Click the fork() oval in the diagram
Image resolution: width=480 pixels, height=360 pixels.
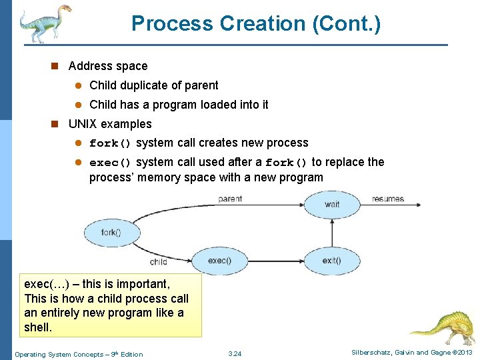[x=111, y=233]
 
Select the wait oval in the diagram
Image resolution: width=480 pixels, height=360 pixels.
[x=332, y=204]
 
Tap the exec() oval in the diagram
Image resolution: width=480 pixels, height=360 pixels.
[x=219, y=260]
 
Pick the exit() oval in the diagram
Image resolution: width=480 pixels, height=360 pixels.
[x=332, y=260]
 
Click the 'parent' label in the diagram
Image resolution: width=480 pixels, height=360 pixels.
[x=230, y=199]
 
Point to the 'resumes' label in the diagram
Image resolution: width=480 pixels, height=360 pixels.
[x=388, y=199]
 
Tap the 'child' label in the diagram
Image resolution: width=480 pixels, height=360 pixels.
[x=159, y=262]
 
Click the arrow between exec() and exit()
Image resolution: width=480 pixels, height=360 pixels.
[x=276, y=260]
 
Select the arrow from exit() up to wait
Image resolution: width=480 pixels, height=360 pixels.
[x=332, y=232]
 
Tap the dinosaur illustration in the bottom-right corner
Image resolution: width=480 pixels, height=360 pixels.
[x=443, y=326]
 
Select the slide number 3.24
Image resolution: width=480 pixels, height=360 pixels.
[x=235, y=354]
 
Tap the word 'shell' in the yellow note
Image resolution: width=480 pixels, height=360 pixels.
[x=37, y=327]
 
